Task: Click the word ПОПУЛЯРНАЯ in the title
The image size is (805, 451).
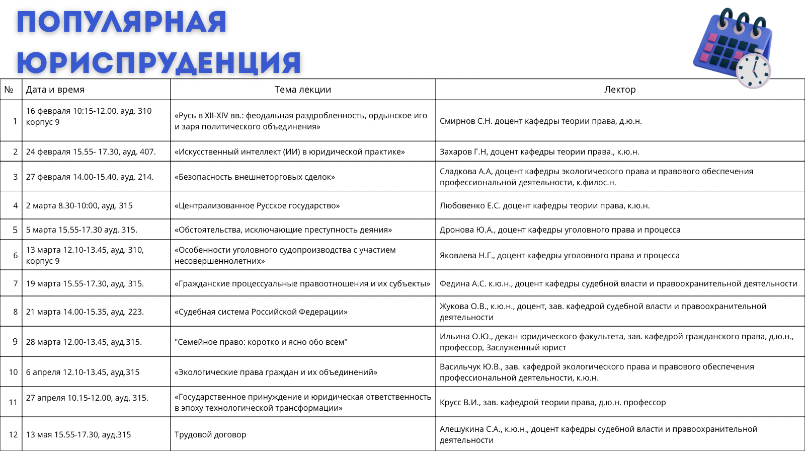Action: [x=121, y=23]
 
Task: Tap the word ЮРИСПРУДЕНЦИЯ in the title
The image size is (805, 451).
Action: [x=158, y=62]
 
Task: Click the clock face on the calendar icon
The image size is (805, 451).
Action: [x=753, y=71]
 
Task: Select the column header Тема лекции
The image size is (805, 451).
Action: [x=302, y=90]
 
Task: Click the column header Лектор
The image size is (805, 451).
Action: [x=620, y=90]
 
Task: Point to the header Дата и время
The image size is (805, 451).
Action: [x=55, y=90]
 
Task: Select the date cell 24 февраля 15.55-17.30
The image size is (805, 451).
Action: [x=91, y=152]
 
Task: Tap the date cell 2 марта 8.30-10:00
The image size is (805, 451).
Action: [x=79, y=205]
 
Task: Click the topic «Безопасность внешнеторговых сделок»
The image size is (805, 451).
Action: [x=255, y=177]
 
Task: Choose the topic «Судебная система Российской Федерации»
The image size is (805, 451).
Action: [x=261, y=312]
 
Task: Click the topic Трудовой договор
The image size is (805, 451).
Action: [x=210, y=434]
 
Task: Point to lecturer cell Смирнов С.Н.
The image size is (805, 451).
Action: [x=540, y=121]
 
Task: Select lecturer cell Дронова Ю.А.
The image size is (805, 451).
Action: [x=559, y=230]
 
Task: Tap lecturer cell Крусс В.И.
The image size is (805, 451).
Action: [x=552, y=402]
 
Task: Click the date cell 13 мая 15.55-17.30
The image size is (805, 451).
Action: [x=78, y=434]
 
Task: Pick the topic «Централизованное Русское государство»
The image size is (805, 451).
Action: [x=257, y=205]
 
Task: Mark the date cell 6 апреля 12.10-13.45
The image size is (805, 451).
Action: [x=83, y=372]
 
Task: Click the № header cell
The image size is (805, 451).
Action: [x=9, y=90]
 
